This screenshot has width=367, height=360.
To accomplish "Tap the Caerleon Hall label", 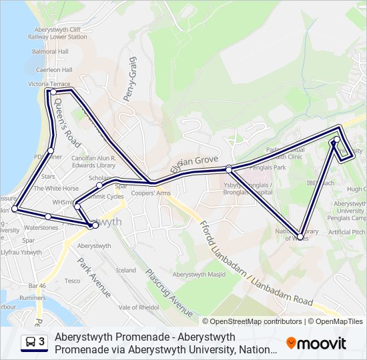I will coord(54,69).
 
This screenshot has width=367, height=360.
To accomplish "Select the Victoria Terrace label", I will coord(49,84).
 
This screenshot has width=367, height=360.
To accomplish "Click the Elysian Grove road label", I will coord(194,161).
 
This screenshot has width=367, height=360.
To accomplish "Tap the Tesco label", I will coord(72,281).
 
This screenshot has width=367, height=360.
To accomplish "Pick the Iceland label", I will coord(125,270).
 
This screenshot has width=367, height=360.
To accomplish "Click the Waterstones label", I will coord(41,227).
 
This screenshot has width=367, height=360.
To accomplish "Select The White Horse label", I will coord(56,189).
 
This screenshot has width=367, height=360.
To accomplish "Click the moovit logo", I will coord(316,343).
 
